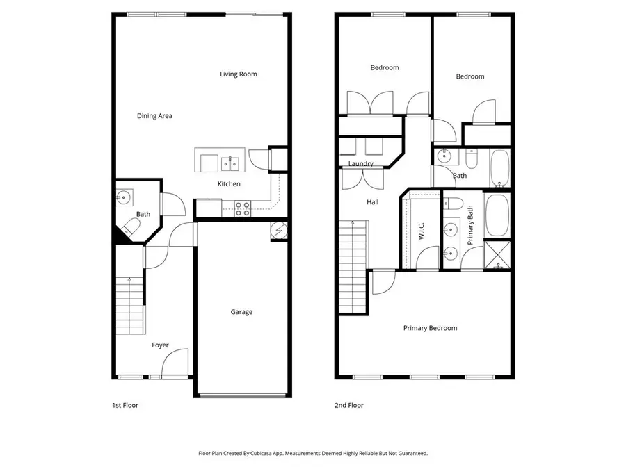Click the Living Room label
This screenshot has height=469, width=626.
[x=239, y=74]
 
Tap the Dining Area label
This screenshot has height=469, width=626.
[x=154, y=116]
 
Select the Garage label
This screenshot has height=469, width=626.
[x=241, y=312]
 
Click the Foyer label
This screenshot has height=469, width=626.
[x=160, y=345]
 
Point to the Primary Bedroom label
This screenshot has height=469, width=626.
[x=430, y=328]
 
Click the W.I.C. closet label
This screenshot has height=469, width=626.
[x=422, y=231]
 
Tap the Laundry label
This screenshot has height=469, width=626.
[x=361, y=164]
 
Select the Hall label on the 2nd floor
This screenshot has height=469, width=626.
[x=373, y=202]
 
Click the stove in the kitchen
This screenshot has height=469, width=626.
[x=242, y=208]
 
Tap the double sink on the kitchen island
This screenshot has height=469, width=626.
[x=230, y=164]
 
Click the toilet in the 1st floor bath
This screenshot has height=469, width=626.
[x=130, y=227]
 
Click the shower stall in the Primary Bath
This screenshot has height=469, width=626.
[x=497, y=254]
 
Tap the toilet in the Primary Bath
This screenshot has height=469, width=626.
[x=454, y=204]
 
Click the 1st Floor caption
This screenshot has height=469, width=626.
[x=125, y=405]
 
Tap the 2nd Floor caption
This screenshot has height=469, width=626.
[x=349, y=405]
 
